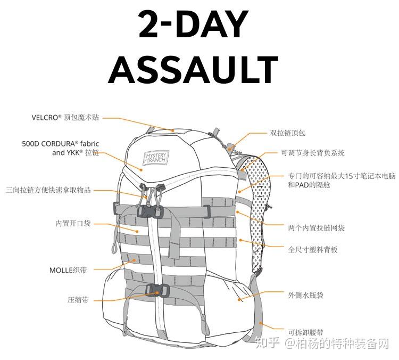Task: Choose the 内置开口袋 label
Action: tap(73, 223)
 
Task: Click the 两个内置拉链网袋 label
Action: tap(316, 227)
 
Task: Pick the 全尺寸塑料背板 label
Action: tap(313, 249)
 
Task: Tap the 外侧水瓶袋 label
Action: tap(306, 294)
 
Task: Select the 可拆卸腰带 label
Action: tap(305, 331)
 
